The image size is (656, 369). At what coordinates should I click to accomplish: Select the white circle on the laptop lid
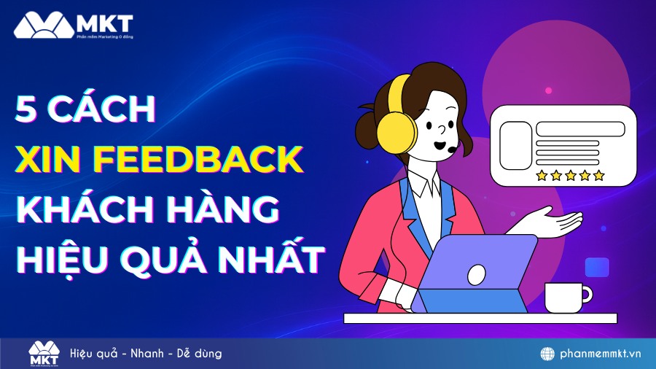tap(476, 274)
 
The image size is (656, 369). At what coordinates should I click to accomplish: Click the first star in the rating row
tap(541, 175)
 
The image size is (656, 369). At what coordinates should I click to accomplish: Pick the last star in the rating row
tap(599, 175)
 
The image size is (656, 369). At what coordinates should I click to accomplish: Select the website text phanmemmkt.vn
tap(601, 354)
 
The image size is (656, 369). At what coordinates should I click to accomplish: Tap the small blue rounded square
tap(597, 268)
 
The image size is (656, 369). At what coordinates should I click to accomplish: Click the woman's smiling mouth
tap(440, 144)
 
